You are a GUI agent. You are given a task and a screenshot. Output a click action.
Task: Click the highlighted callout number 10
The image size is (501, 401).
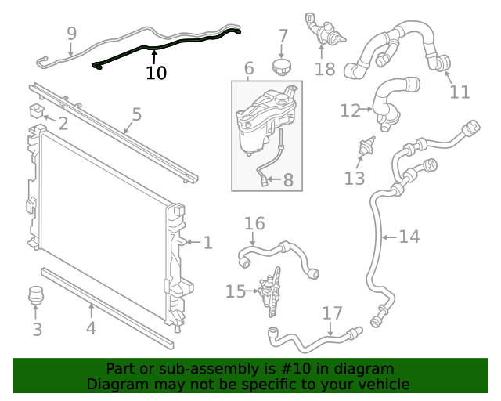156,73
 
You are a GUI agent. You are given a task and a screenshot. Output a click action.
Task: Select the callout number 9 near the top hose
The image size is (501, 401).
71,34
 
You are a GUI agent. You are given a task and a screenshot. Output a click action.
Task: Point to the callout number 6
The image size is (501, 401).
248,68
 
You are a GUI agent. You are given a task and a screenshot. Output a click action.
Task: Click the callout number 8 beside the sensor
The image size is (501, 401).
288,181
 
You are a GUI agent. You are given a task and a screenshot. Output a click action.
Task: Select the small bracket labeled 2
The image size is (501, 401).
36,109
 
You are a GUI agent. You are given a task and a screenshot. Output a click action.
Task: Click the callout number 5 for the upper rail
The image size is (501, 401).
136,115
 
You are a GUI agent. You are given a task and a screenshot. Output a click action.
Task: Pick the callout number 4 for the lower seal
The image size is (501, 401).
91,328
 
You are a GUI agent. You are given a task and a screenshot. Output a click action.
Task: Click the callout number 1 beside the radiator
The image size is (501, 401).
207,243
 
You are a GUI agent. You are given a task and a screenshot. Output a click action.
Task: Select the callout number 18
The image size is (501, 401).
324,69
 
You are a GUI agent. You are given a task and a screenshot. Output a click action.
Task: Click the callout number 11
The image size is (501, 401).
460,92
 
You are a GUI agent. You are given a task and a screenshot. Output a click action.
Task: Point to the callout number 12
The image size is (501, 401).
350,110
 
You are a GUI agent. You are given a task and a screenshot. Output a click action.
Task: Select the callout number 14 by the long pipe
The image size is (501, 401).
409,236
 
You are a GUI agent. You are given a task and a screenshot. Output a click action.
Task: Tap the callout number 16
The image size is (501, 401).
254,224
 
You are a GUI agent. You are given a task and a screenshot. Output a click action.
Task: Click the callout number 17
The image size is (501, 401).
332,313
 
